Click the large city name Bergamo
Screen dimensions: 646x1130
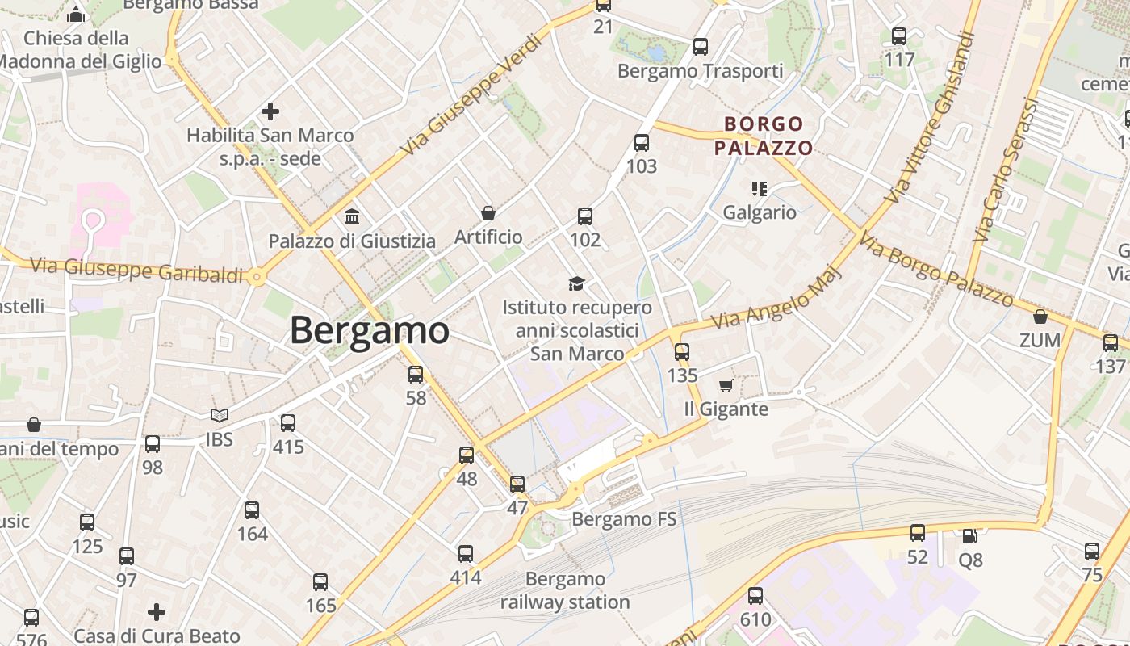369,330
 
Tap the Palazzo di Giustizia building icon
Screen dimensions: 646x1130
352,217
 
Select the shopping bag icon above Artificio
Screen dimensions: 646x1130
488,213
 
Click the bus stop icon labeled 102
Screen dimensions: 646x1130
585,216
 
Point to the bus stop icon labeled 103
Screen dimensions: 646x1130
642,143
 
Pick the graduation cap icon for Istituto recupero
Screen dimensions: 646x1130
576,283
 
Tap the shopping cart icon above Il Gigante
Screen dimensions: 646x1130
726,386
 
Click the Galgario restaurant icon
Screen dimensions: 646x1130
759,189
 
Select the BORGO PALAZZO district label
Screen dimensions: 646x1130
764,136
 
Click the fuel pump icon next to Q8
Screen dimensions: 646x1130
969,535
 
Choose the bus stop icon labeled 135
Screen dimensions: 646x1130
682,352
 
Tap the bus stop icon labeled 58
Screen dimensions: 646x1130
416,375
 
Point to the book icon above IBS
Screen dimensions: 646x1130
219,416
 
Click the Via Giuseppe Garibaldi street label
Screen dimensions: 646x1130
136,269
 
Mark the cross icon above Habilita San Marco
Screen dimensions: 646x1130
270,111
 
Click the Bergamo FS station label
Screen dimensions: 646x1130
623,518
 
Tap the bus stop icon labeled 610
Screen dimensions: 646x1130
755,596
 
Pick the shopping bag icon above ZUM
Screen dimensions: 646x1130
1040,317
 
